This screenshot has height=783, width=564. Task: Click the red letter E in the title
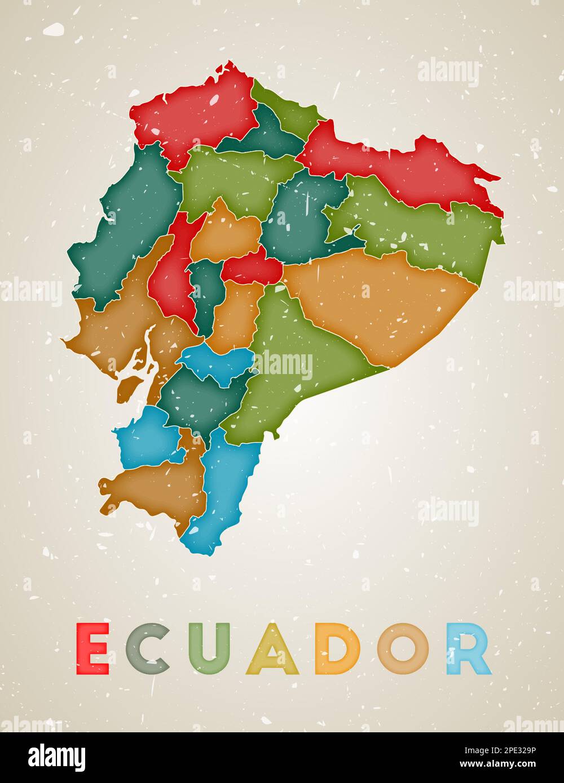92,648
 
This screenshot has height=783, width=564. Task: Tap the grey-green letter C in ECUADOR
148,648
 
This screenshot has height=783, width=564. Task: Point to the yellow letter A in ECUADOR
272,649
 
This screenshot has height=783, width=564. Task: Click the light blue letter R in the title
468,648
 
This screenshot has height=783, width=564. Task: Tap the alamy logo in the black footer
56,757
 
